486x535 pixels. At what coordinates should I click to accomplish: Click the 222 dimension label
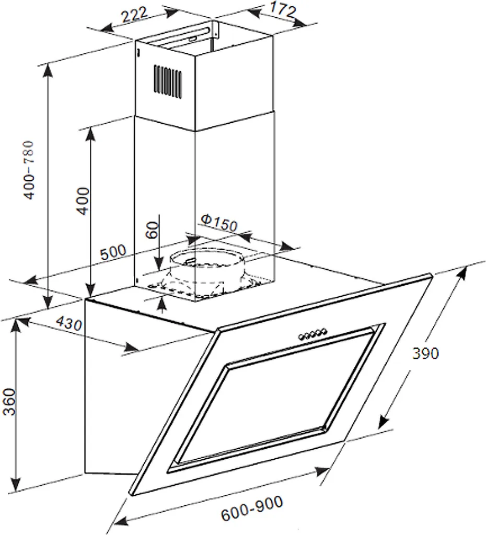pyautogui.click(x=135, y=15)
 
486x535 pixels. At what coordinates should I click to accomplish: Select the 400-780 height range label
pyautogui.click(x=29, y=170)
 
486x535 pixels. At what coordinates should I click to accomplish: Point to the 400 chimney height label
pyautogui.click(x=83, y=201)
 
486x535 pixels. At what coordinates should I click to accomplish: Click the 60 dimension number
pyautogui.click(x=152, y=230)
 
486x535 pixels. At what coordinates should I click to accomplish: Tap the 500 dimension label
pyautogui.click(x=113, y=252)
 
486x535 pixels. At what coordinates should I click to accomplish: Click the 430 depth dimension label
pyautogui.click(x=68, y=323)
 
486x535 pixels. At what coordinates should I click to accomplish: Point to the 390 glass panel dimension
pyautogui.click(x=425, y=353)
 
